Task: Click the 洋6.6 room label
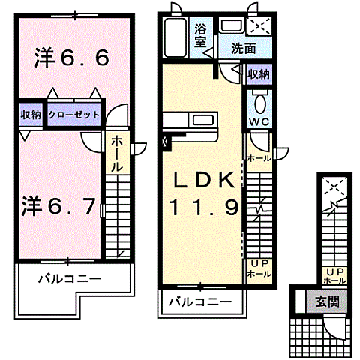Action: coord(72,58)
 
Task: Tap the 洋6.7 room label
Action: coord(58,204)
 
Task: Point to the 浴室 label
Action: coord(201,35)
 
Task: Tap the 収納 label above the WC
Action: coord(259,75)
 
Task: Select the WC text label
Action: coord(259,121)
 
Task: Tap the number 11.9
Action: coord(201,205)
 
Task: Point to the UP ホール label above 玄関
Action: coord(334,275)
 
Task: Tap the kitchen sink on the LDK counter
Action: coord(203,120)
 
